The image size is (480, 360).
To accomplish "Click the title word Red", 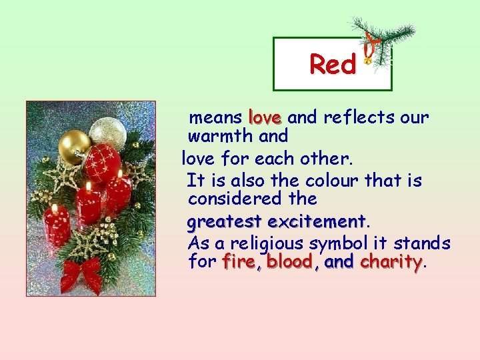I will [x=333, y=65].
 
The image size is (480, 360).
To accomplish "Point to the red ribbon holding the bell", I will [x=369, y=43].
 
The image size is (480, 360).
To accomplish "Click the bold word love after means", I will [x=265, y=118].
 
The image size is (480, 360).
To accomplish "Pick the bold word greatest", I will [x=225, y=221].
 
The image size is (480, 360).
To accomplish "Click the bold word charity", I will [x=391, y=262].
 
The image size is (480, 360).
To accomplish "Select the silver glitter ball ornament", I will [x=107, y=131].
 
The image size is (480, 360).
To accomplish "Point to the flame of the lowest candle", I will [x=53, y=208].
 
